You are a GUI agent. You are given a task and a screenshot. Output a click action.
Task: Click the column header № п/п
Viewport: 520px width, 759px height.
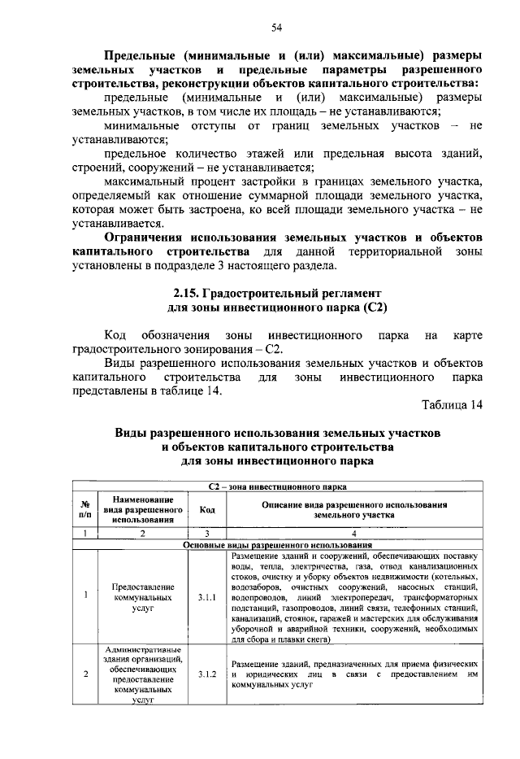click(85, 509)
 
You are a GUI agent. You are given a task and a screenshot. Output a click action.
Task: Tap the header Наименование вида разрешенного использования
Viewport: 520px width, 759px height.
click(141, 508)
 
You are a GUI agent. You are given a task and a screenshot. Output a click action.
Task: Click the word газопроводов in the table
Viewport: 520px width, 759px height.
click(305, 608)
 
